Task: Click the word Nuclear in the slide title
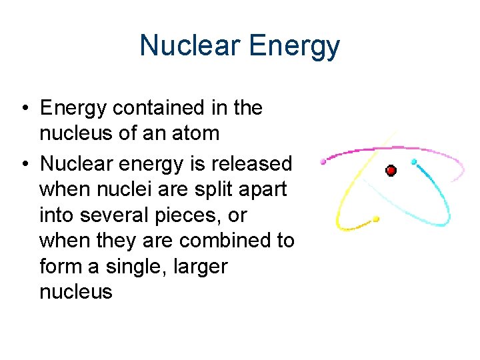190,46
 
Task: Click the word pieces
198,215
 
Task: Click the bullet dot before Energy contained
24,109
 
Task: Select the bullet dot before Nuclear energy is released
24,164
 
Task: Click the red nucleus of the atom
391,171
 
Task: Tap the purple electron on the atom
324,161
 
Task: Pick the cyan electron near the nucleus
414,162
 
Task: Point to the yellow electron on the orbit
377,218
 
